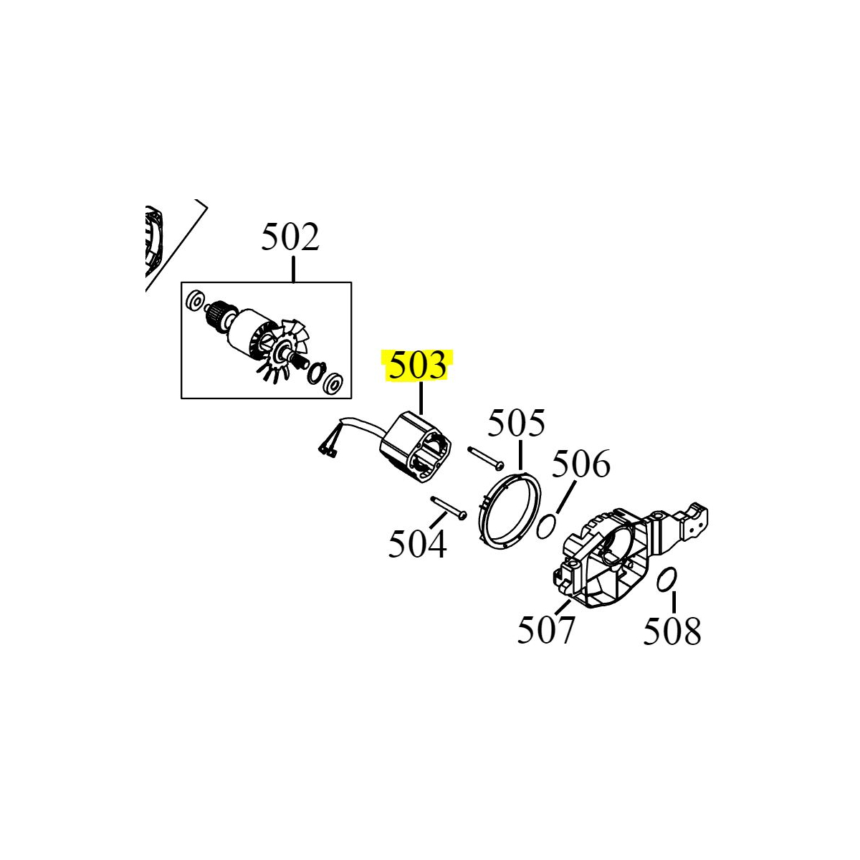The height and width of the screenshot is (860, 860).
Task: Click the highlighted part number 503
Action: pos(418,366)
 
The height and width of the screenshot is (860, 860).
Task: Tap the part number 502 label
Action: pos(290,237)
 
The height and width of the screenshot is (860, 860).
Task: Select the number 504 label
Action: pos(417,544)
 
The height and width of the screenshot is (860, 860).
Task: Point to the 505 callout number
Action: pos(516,423)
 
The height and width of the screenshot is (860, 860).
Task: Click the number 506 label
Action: pos(581,464)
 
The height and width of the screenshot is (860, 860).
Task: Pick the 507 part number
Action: pos(546,630)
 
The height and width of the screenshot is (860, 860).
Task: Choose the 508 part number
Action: pos(672,631)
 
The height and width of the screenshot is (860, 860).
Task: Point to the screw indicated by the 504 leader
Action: pos(449,507)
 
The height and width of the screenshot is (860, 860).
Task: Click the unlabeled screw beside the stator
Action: pos(486,457)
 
